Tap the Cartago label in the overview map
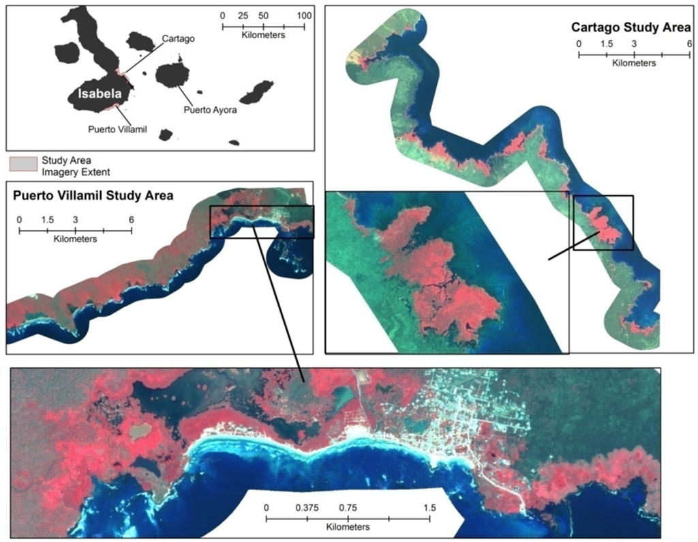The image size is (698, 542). (178, 39)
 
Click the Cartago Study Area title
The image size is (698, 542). (631, 28)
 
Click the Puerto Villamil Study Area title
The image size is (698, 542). (93, 196)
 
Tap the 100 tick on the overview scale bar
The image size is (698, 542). (304, 16)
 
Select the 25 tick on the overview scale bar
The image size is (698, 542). (243, 16)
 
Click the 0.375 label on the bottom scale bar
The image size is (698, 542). (307, 508)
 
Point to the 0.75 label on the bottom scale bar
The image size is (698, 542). (348, 508)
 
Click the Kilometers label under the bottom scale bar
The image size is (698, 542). (348, 528)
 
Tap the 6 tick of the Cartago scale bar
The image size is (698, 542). (690, 44)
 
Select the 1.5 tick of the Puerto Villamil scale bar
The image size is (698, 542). (47, 220)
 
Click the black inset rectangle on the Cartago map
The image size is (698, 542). (603, 223)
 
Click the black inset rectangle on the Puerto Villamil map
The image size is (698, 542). (262, 221)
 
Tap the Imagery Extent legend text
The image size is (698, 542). (76, 172)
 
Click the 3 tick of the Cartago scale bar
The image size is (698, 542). (634, 44)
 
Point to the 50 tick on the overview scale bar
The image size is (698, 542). (264, 16)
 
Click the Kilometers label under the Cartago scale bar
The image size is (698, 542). (634, 63)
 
